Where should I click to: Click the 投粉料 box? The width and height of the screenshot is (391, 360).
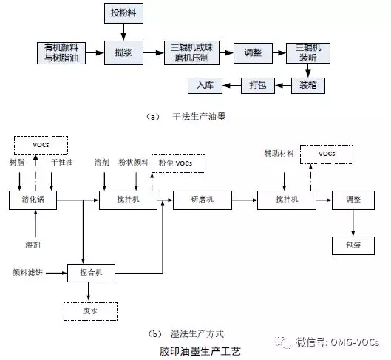tap(123, 13)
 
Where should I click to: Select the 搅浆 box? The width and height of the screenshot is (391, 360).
tap(123, 52)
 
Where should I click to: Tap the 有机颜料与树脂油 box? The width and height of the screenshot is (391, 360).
tap(61, 53)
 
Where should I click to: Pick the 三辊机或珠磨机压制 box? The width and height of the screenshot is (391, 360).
tap(191, 52)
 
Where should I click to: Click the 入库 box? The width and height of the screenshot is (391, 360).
tap(205, 86)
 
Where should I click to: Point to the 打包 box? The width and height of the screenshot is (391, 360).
tap(258, 86)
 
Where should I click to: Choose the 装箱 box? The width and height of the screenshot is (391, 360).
tap(308, 86)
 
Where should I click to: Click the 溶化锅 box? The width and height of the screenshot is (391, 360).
tap(33, 200)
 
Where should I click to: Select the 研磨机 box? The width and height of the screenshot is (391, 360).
tap(203, 200)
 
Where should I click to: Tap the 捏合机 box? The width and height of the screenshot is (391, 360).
tap(91, 273)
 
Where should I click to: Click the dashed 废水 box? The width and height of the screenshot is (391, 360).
tap(90, 311)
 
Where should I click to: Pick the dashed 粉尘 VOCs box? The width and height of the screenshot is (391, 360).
tap(179, 163)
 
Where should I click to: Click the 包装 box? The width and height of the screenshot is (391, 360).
tap(353, 245)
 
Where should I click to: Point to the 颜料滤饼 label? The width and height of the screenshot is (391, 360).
tap(27, 273)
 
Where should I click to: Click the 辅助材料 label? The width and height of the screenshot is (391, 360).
tap(279, 153)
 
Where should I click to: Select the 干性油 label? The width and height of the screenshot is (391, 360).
tap(62, 163)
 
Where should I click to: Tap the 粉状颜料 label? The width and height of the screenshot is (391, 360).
tap(134, 163)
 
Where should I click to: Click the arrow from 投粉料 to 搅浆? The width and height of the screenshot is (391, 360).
tap(123, 33)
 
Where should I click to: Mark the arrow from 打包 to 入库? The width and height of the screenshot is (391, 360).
tap(231, 86)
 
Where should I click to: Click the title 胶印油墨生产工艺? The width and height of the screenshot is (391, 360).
tap(200, 352)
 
